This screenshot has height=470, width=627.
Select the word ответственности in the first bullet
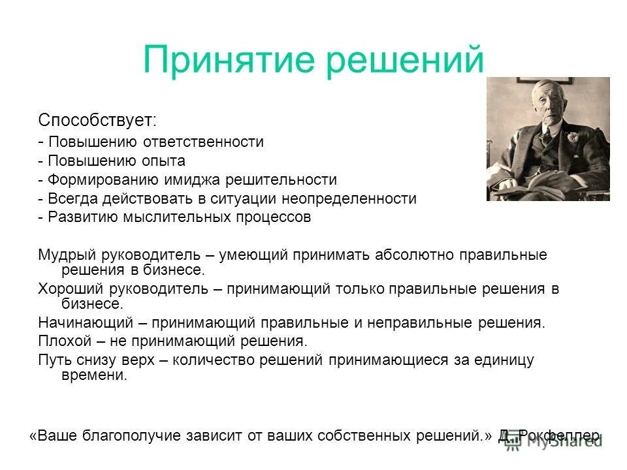212,142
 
